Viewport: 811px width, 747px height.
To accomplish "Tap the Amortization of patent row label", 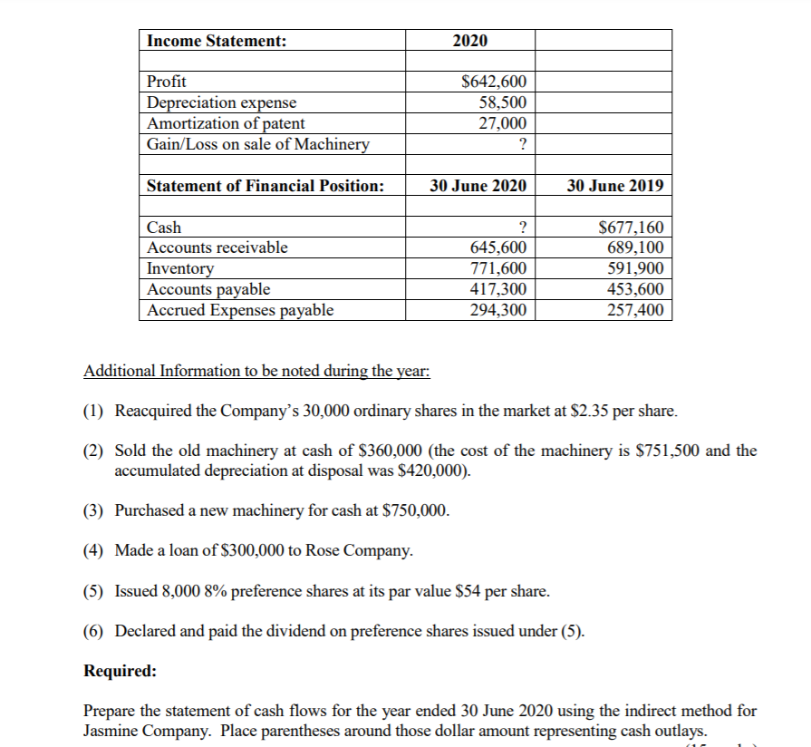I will click(226, 123).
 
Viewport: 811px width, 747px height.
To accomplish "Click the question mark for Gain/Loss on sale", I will click(521, 144).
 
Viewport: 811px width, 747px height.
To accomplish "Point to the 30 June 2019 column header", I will click(614, 186).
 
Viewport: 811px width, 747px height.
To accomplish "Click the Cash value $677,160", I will click(632, 228).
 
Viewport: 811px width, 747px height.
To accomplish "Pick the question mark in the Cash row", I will click(521, 228).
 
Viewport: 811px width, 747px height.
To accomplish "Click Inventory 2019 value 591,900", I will click(634, 268).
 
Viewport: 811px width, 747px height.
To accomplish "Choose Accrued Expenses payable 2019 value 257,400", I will click(634, 310).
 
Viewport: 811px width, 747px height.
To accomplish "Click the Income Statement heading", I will click(217, 41).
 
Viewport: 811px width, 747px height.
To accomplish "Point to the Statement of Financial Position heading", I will click(265, 186).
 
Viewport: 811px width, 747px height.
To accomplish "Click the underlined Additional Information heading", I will click(256, 372).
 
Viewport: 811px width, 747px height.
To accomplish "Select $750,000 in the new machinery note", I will click(417, 510).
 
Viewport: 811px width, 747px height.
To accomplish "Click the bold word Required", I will click(120, 672).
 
